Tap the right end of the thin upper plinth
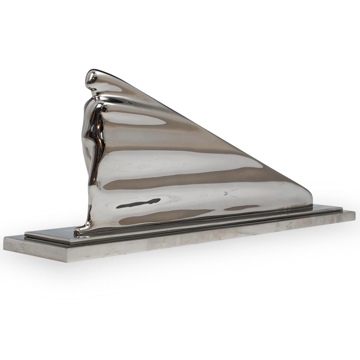pos(342,210)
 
